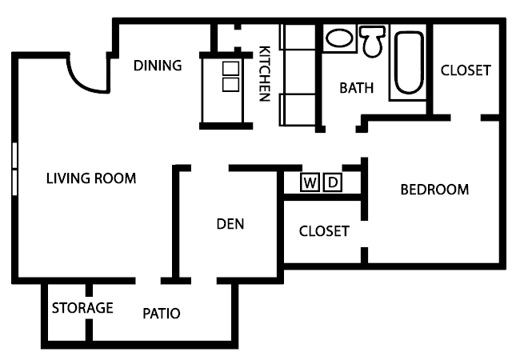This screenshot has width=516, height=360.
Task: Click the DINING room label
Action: pos(158,66)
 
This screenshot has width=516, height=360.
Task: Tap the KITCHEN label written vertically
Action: pos(264,74)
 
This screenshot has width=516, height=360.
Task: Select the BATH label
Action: pos(356,88)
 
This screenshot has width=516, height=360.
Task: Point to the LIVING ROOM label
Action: pos(90,178)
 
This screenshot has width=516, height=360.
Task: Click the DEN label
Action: pos(230,224)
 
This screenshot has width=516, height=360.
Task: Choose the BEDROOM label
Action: pos(434,190)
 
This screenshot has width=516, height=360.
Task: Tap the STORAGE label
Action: pos(82,308)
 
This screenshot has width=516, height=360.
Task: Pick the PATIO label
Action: pos(162,313)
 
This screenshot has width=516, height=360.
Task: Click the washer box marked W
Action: pos(310,183)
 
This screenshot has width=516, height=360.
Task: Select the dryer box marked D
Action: pos(333,183)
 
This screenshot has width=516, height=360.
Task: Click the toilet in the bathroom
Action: pos(372,40)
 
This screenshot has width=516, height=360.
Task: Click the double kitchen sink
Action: pos(230,75)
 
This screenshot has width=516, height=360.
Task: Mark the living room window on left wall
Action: pos(14,168)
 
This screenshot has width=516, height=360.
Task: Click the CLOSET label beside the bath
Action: pos(466,70)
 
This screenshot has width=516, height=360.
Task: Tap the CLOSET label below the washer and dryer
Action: pos(324,232)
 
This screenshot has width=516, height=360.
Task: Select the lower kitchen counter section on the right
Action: pos(298,109)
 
